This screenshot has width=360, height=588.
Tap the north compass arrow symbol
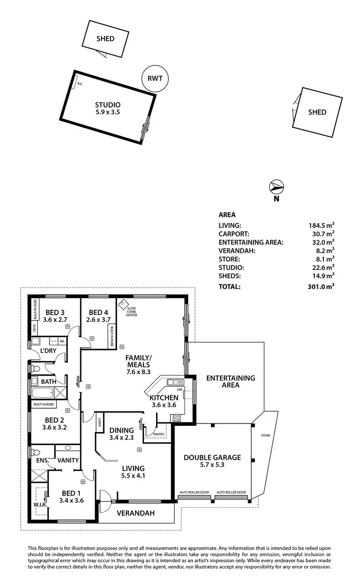pos(276,187)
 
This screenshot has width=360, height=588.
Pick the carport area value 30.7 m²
pos(321,233)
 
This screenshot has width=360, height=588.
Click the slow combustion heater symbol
pos(123,304)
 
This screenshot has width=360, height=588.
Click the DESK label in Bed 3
pos(35,328)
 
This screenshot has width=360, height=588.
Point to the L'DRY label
pos(48,351)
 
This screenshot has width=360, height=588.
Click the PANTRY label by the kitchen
pos(159,435)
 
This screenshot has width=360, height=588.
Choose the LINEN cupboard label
pos(100,422)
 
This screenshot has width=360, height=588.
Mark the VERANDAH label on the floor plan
pos(137,513)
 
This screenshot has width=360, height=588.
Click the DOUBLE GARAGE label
pos(212,457)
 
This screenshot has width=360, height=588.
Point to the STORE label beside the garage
pos(266,435)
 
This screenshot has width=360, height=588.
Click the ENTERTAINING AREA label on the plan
pos(230,381)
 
